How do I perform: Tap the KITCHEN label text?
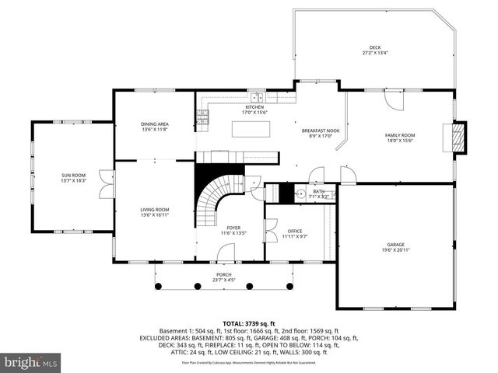pos(254,107)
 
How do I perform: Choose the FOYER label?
pos(233,228)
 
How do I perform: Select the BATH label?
pos(319,191)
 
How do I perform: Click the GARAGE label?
pos(396,244)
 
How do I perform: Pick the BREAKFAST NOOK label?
pos(321,131)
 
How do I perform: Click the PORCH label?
pos(223,275)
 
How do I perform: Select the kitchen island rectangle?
pos(251,130)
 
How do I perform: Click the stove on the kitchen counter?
pos(202,117)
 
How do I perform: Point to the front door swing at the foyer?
pos(226,253)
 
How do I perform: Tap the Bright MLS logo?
pos(31,362)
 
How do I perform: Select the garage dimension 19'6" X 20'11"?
pos(396,250)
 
